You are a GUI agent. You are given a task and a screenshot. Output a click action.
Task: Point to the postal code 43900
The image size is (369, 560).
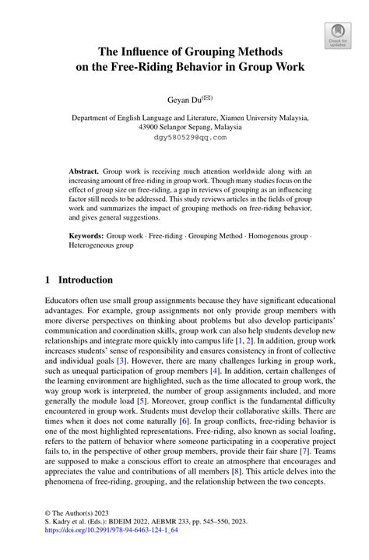152,127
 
